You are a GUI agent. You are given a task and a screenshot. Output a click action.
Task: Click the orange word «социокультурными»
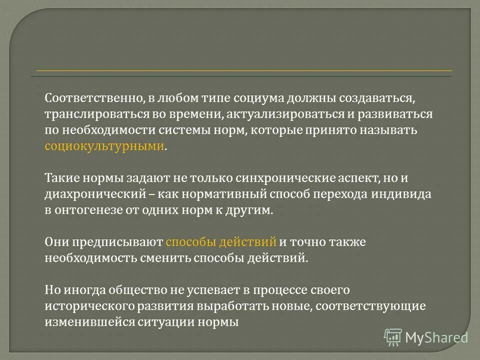click(x=104, y=146)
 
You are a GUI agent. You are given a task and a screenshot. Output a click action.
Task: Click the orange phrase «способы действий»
click(x=221, y=242)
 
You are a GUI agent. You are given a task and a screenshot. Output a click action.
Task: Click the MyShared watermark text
click(x=436, y=337)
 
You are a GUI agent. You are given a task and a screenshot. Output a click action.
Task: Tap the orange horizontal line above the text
click(x=243, y=70)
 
